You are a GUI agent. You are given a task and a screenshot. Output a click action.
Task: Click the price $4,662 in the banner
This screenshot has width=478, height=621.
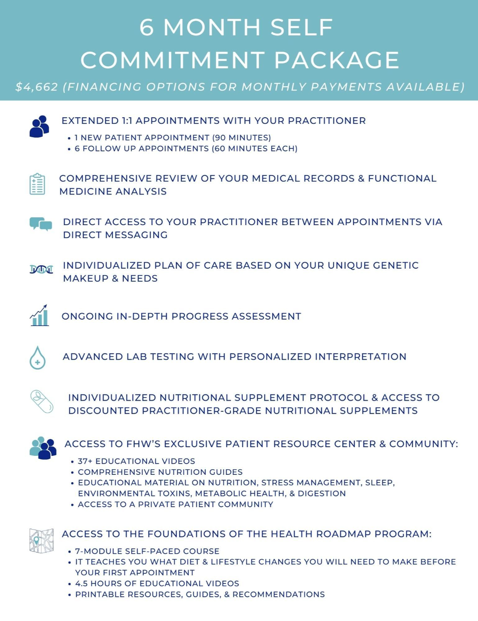coord(37,87)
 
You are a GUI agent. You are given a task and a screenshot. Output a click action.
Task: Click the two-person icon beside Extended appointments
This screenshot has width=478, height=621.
coord(39,126)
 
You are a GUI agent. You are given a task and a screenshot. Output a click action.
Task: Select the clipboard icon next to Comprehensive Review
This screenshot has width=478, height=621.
coord(38,184)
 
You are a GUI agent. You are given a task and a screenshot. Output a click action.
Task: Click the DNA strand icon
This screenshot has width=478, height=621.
coord(41,270)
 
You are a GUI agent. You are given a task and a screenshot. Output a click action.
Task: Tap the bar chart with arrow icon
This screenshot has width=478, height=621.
coord(39,315)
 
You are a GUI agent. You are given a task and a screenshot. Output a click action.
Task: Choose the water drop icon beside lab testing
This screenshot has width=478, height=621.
coord(38,358)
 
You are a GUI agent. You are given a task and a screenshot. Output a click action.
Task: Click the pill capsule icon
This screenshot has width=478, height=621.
coord(42,401)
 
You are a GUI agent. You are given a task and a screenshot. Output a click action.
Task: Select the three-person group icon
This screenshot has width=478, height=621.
coord(43,448)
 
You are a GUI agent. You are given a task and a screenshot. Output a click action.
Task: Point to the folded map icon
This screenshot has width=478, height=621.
coord(41,541)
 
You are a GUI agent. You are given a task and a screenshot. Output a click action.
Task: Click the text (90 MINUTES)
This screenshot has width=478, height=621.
coord(242,138)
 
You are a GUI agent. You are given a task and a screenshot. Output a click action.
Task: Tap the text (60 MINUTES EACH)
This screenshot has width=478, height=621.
coord(255,148)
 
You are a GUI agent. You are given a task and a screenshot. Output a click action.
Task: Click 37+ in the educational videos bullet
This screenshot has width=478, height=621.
coord(85,461)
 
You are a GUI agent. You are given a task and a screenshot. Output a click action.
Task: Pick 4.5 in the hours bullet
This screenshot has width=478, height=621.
coord(81,583)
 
